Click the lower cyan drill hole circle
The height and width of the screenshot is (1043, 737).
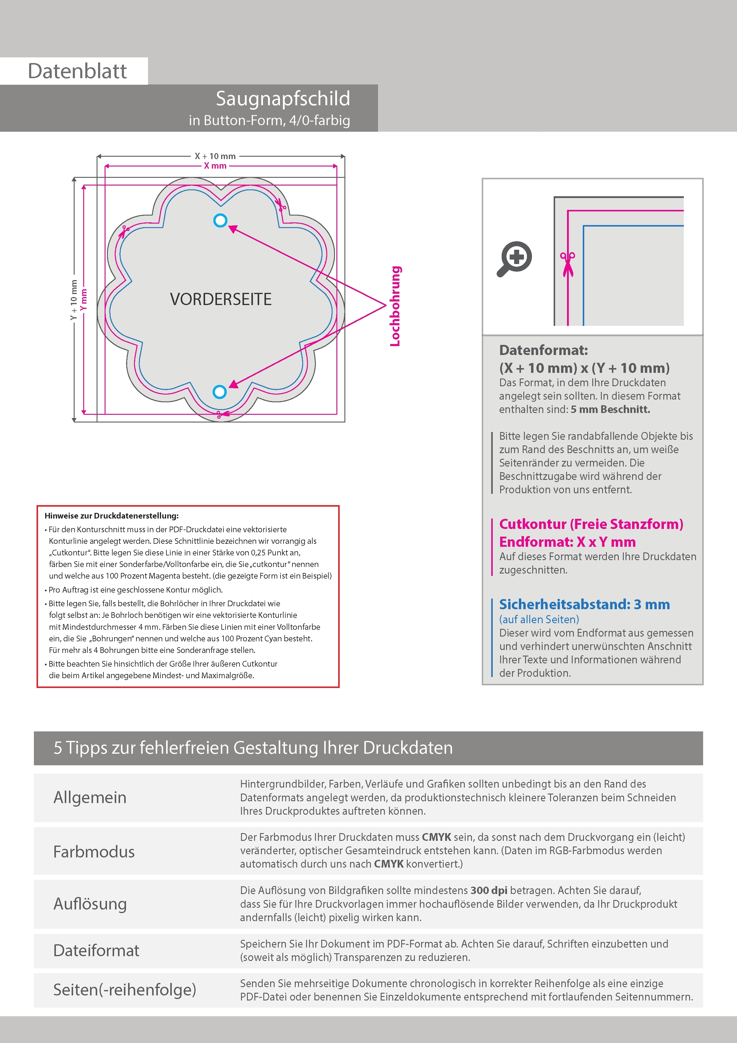coord(220,392)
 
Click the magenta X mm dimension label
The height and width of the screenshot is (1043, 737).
coord(215,166)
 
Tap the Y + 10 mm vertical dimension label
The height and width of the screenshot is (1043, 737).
coord(74,300)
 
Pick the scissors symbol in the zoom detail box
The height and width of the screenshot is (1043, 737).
coord(567,263)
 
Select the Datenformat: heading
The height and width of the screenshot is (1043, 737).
coord(543,350)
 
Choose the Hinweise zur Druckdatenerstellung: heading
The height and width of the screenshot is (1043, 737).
coord(112,516)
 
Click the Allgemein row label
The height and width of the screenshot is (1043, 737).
coord(90,797)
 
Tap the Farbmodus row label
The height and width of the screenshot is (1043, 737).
coord(94,851)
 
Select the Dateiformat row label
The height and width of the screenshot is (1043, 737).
coord(96,950)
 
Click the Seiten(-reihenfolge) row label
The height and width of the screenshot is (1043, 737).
coord(125,989)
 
